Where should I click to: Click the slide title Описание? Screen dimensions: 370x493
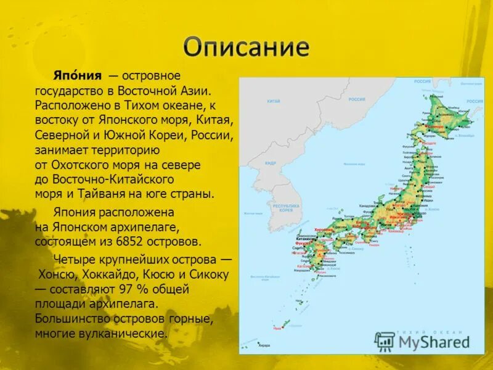coord(246,47)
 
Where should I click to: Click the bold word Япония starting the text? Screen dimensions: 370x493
coord(76,75)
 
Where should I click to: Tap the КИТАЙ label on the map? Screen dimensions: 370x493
coord(274,101)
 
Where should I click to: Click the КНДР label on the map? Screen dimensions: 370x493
coord(271,163)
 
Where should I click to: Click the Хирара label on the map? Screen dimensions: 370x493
coord(264,345)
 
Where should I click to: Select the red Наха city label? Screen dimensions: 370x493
coord(277,329)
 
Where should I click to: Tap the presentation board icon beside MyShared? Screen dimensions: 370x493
coord(385,341)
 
